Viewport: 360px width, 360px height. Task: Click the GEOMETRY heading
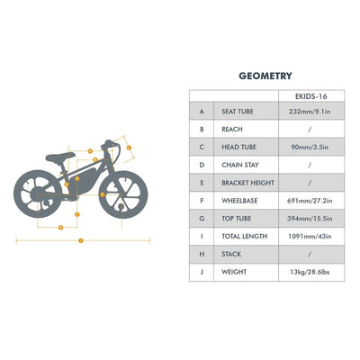(265, 76)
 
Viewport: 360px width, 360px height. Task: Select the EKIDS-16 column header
(309, 94)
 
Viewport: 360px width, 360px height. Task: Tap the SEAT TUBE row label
(237, 111)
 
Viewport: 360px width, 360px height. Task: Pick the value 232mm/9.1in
(309, 111)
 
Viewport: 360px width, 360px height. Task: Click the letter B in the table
(202, 129)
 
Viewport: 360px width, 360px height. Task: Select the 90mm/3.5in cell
(309, 147)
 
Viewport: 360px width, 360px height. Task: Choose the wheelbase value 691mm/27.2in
(309, 200)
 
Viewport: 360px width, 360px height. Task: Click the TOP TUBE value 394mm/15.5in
(309, 217)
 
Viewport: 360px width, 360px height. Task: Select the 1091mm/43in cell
(309, 235)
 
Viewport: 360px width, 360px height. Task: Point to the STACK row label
(232, 253)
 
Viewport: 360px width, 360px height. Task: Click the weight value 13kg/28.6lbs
(309, 270)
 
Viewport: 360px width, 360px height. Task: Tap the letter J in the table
(202, 270)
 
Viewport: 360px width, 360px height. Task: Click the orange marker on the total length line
(81, 240)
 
